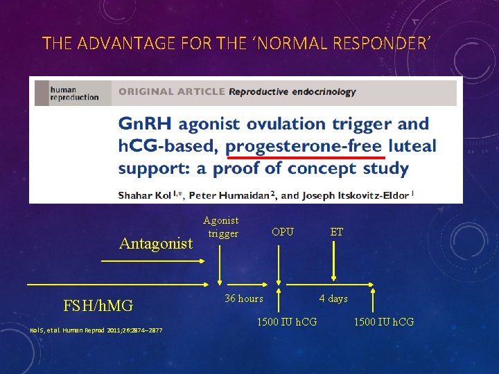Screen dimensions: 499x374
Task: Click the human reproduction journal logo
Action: pyautogui.click(x=73, y=93)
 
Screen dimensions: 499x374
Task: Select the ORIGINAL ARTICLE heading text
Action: pyautogui.click(x=171, y=91)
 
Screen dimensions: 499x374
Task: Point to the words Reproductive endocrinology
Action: pyautogui.click(x=292, y=91)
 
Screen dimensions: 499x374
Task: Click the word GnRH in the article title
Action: pyautogui.click(x=146, y=125)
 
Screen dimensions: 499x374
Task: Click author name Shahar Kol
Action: pyautogui.click(x=146, y=195)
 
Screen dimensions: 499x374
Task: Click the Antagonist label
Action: pyautogui.click(x=156, y=244)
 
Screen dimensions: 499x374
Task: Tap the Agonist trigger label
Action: pyautogui.click(x=221, y=227)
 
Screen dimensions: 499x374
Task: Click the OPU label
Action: pyautogui.click(x=283, y=232)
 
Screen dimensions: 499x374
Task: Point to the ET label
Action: pyautogui.click(x=336, y=232)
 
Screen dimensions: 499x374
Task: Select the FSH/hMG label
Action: pyautogui.click(x=98, y=305)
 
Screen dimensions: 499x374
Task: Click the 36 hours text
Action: pyautogui.click(x=244, y=299)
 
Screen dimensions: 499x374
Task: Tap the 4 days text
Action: pyautogui.click(x=333, y=299)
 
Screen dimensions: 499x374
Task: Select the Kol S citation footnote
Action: pyautogui.click(x=96, y=330)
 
